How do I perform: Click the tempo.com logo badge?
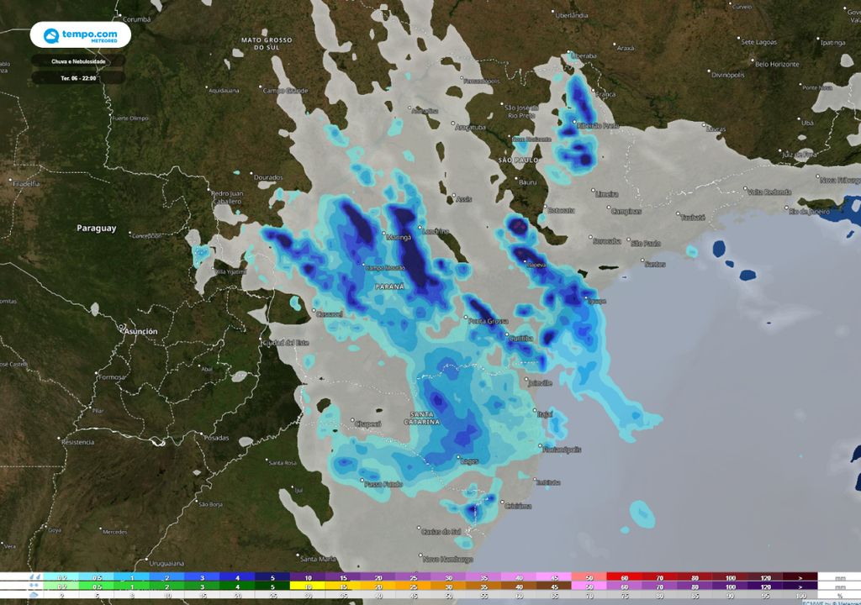80,35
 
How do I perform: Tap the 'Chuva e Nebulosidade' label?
78,61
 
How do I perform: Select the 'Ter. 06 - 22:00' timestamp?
78,77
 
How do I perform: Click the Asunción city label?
140,332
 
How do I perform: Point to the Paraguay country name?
97,229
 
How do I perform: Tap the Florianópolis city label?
561,450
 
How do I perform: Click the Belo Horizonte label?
776,64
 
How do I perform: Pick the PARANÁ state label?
389,287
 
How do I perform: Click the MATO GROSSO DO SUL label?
267,44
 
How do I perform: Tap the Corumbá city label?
136,18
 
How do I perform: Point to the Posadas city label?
216,438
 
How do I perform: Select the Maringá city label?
398,238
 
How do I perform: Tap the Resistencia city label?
77,442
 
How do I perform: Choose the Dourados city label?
268,177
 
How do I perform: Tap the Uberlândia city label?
572,15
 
